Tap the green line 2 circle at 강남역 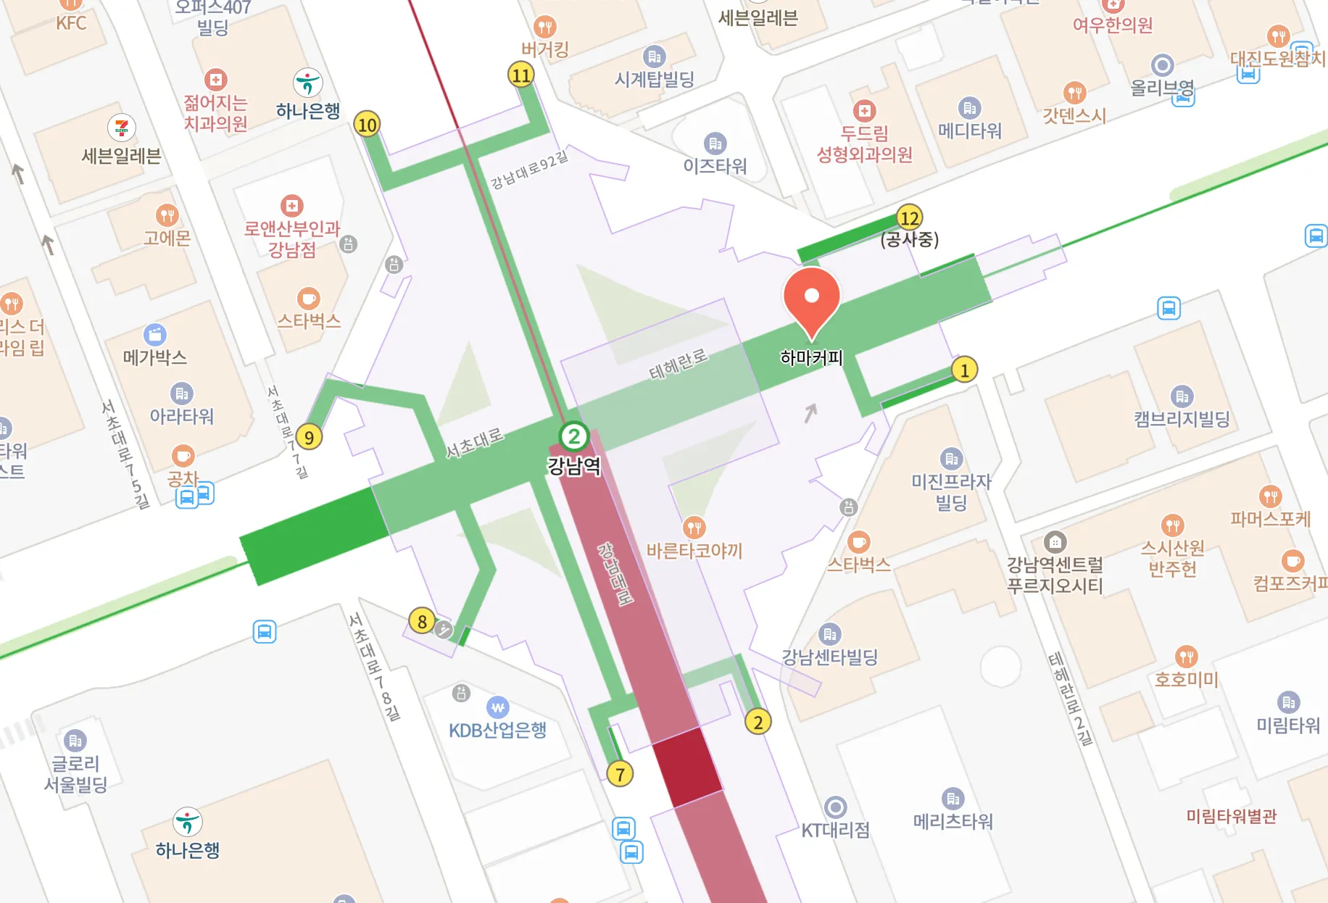tap(574, 436)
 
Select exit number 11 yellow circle tap(521, 75)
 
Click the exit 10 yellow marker tap(368, 125)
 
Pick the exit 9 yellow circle tap(310, 437)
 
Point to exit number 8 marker tap(422, 621)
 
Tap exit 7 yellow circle tap(620, 774)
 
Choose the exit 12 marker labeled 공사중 tap(909, 217)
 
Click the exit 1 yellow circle tap(964, 370)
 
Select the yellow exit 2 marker tap(758, 722)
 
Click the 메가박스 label tap(155, 357)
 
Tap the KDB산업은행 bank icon tap(498, 707)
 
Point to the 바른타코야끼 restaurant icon tap(694, 527)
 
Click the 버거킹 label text tap(545, 49)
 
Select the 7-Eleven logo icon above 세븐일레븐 tap(121, 128)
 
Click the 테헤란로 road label tap(678, 364)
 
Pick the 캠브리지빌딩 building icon tap(1182, 396)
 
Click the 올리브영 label tap(1162, 88)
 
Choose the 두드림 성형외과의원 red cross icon tap(864, 111)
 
